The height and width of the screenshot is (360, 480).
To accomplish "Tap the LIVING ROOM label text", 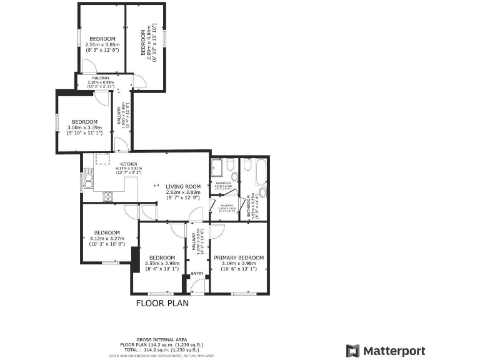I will click(x=183, y=186).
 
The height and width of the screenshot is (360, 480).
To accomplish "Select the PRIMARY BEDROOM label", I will click(x=239, y=257).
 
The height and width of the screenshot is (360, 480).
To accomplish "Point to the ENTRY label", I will click(x=197, y=274).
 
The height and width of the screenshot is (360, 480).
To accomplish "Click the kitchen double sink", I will click(x=88, y=181).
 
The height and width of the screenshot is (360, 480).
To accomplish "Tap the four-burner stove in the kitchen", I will click(x=107, y=196).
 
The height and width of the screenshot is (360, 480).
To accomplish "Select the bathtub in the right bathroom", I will click(x=260, y=177).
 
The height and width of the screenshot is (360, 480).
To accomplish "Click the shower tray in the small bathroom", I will click(x=217, y=167).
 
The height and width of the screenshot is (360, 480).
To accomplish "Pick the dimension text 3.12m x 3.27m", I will click(x=107, y=238).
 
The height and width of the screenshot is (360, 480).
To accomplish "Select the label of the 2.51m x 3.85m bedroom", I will click(x=102, y=39).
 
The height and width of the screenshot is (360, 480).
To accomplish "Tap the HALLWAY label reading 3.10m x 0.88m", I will click(x=101, y=78).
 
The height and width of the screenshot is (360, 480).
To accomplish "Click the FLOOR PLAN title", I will click(x=162, y=303).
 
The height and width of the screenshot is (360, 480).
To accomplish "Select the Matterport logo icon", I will click(x=352, y=350).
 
